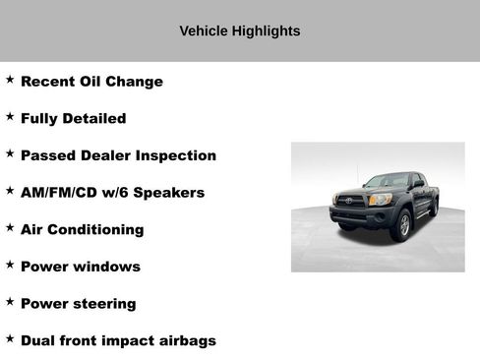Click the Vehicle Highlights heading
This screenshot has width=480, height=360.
pos(240,31)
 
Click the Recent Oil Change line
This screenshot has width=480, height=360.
pos(91,82)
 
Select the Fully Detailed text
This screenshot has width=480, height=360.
pos(73,119)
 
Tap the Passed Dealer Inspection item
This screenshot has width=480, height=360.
pos(118,155)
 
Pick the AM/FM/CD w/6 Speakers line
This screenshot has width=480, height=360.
pos(112,193)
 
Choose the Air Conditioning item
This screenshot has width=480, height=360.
pos(82,229)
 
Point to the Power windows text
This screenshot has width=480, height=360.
pos(80,267)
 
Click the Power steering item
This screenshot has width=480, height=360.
pos(78,304)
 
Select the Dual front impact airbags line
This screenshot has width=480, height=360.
pos(118,341)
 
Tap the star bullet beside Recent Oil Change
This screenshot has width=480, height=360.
pos(10,80)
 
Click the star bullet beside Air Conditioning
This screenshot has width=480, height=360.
pos(10,227)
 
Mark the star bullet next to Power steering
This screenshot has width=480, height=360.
pos(10,302)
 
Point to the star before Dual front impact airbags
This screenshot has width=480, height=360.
pos(10,338)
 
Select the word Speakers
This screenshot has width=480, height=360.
pos(170,193)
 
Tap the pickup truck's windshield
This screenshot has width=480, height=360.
pos(387,182)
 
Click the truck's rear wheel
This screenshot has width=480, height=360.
pos(434,209)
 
